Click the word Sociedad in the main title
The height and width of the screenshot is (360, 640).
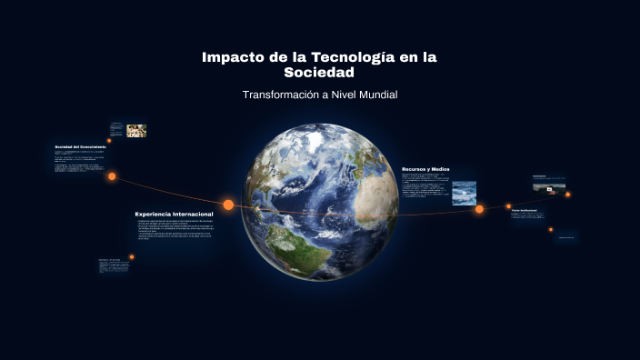pos(319,73)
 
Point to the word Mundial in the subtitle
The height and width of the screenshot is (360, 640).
pos(375,95)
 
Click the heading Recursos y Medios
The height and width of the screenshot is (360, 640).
pos(425,169)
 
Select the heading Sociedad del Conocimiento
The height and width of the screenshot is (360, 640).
pos(80,146)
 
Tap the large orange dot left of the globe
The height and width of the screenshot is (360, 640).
pos(228,205)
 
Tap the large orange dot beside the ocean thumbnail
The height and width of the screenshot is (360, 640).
pos(479,209)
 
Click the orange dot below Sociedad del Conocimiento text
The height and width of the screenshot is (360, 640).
pos(112,176)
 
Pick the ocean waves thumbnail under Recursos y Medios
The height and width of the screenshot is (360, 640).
pos(464,191)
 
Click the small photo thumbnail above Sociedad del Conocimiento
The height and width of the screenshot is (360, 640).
pos(136,130)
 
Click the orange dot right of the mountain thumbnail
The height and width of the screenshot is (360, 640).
pos(568,194)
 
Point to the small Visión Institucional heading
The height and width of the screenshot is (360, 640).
pos(524,210)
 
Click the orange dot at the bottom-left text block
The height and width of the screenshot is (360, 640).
pos(131,256)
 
